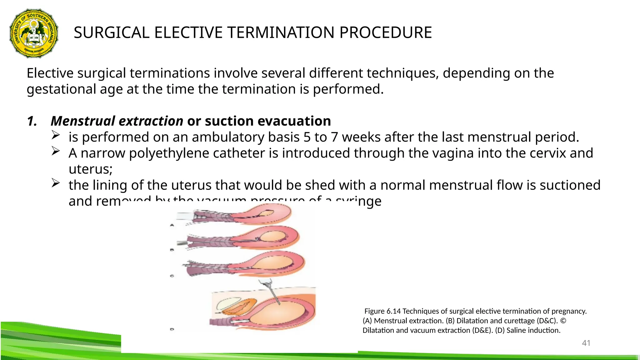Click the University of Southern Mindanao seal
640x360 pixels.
point(34,33)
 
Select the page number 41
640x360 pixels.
point(586,343)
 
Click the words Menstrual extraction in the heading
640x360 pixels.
point(117,121)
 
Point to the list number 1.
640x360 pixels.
point(32,121)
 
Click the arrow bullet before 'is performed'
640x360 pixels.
point(55,135)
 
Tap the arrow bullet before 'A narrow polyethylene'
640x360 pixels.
point(55,151)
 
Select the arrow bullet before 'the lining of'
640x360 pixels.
point(55,183)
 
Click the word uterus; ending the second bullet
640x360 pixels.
point(91,169)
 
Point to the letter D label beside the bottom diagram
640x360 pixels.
point(172,329)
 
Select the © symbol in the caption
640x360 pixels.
point(563,321)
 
